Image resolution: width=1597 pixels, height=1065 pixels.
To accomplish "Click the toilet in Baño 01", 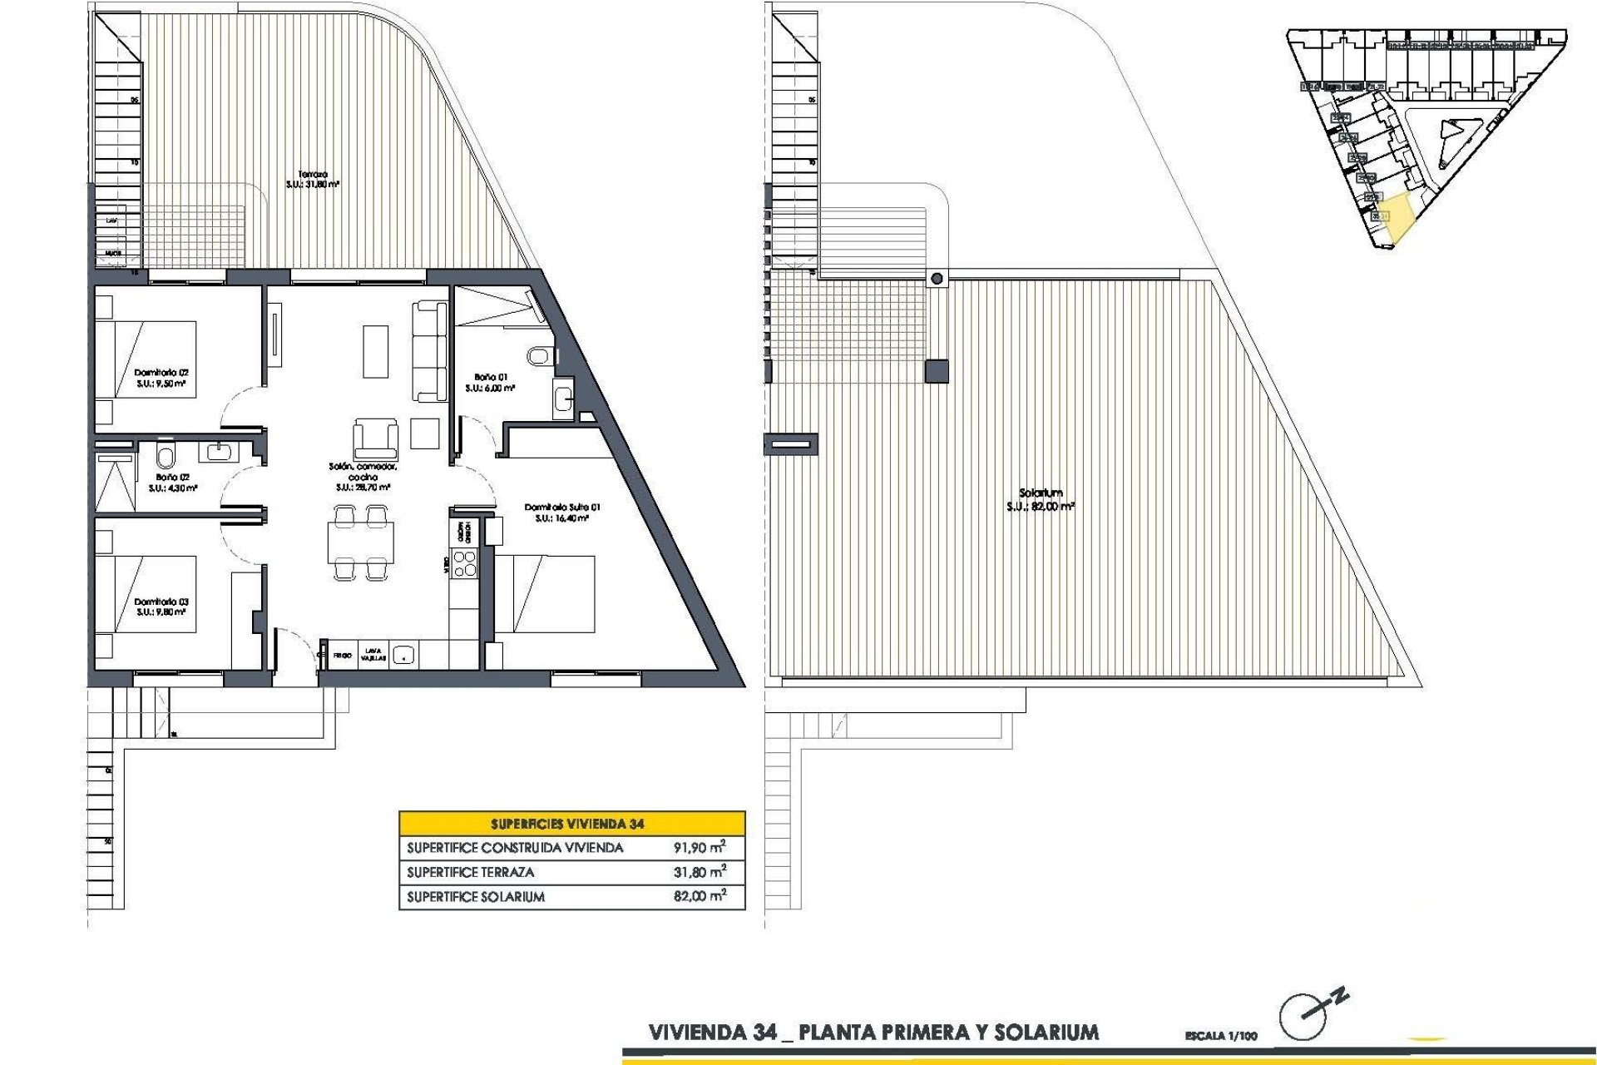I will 539,356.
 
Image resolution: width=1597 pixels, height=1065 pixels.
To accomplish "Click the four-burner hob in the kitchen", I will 464,562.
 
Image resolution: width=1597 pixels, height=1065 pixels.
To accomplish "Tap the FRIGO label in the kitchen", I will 343,656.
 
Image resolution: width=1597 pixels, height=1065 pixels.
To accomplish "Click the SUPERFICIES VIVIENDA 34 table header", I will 571,824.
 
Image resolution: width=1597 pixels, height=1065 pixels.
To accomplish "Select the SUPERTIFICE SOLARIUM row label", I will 476,897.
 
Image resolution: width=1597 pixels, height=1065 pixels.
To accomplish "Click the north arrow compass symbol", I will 1303,1017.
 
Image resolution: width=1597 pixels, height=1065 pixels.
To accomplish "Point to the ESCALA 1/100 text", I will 1221,1036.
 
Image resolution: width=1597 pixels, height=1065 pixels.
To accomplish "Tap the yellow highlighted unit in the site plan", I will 1397,216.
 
